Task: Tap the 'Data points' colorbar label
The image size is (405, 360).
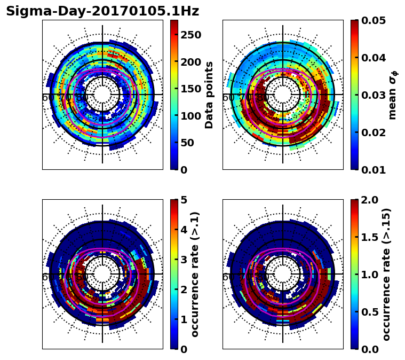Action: (x=209, y=95)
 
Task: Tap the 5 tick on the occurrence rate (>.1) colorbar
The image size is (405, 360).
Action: (x=183, y=200)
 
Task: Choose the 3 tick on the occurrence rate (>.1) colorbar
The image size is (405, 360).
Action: (x=183, y=260)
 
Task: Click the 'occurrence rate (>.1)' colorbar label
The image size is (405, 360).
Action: (x=195, y=274)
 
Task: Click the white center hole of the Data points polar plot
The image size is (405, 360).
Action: (x=102, y=95)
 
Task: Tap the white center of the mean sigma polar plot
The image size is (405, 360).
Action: (x=283, y=95)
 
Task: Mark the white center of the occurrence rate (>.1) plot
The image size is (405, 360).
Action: (x=102, y=274)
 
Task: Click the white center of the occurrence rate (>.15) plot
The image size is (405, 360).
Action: (x=283, y=274)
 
